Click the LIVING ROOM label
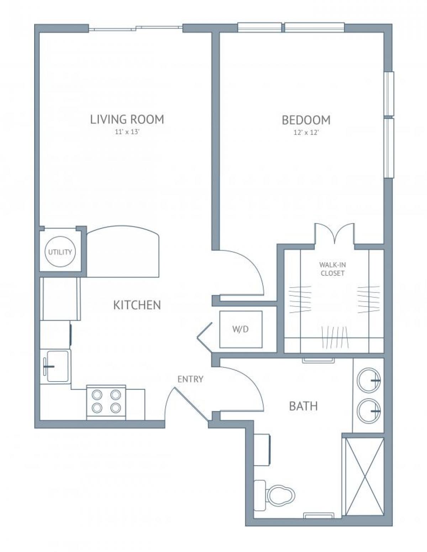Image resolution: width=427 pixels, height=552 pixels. [x=127, y=119]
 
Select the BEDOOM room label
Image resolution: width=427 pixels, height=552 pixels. [x=306, y=120]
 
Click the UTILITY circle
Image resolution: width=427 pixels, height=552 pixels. [x=60, y=252]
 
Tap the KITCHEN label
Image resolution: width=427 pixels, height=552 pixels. [x=137, y=305]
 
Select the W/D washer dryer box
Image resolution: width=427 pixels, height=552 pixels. [x=241, y=329]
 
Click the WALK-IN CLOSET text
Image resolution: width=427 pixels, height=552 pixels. [x=332, y=269]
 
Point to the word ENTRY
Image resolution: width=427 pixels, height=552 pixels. [x=190, y=379]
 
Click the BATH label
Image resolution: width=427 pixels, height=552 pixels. [x=303, y=406]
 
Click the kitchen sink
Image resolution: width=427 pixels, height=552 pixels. [x=57, y=366]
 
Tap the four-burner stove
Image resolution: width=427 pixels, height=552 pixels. [x=106, y=401]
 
